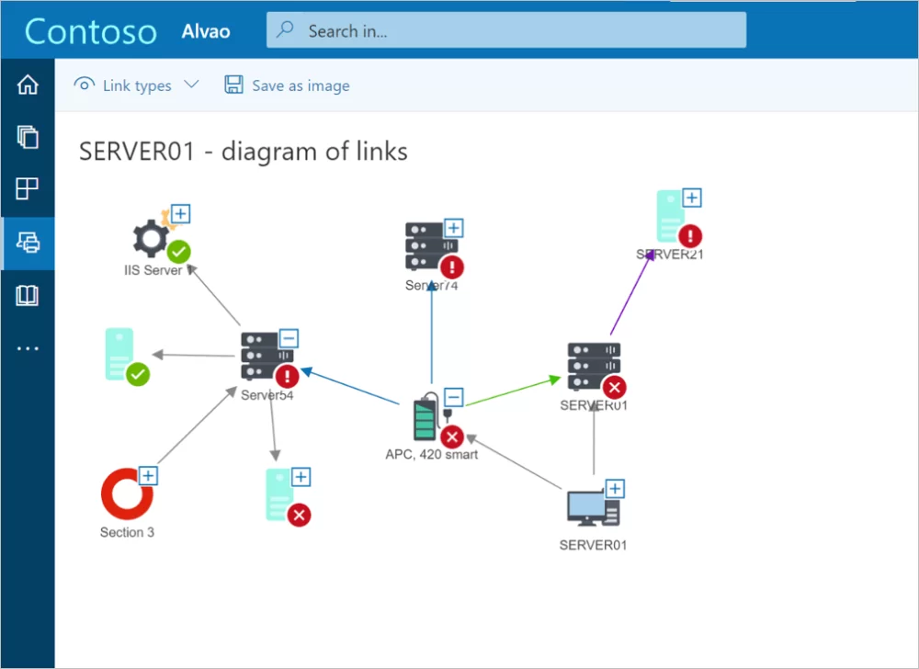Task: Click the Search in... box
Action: tap(505, 30)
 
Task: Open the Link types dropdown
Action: tap(137, 85)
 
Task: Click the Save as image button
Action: tap(288, 85)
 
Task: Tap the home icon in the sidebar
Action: tap(28, 85)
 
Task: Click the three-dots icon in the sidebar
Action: tap(28, 348)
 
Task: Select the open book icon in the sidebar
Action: tap(28, 295)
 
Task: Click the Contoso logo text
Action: tap(91, 31)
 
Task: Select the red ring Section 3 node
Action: tap(126, 494)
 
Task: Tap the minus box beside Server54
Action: tap(288, 338)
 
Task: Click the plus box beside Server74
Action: tap(453, 228)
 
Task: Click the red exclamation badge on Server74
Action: tap(451, 267)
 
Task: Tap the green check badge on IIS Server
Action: tap(178, 252)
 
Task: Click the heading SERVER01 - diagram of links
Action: tap(244, 152)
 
